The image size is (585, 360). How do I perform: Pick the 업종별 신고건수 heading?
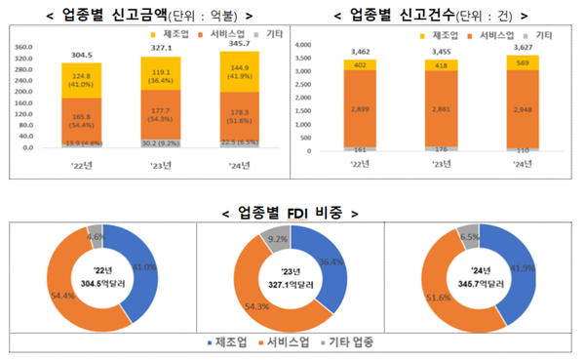426,16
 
